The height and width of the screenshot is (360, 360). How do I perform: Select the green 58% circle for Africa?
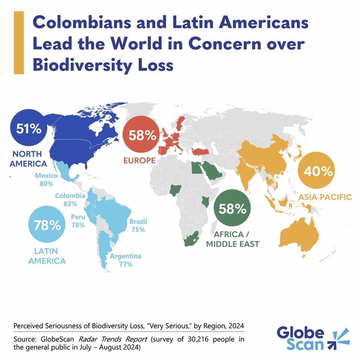pyautogui.click(x=231, y=209)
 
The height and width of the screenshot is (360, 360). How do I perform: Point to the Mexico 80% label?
pyautogui.click(x=46, y=180)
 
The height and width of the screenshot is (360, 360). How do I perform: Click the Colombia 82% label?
pyautogui.click(x=70, y=200)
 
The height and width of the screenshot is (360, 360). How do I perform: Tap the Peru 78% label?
pyautogui.click(x=78, y=221)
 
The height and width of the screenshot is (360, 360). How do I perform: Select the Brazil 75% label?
pyautogui.click(x=137, y=225)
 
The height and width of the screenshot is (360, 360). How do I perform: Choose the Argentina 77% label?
pyautogui.click(x=125, y=260)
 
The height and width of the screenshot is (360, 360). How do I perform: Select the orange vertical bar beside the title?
pyautogui.click(x=19, y=43)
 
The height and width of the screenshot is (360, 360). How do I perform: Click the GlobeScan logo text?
pyautogui.click(x=301, y=338)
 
